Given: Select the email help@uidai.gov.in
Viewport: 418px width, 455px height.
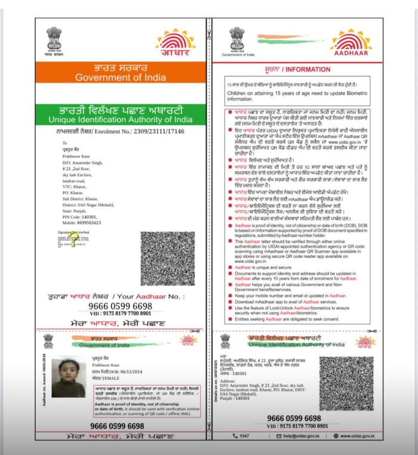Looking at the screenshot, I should point(294,436).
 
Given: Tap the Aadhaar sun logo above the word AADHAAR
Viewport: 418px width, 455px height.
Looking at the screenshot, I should point(351,40).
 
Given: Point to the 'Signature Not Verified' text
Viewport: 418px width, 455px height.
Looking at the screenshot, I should point(73,230).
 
